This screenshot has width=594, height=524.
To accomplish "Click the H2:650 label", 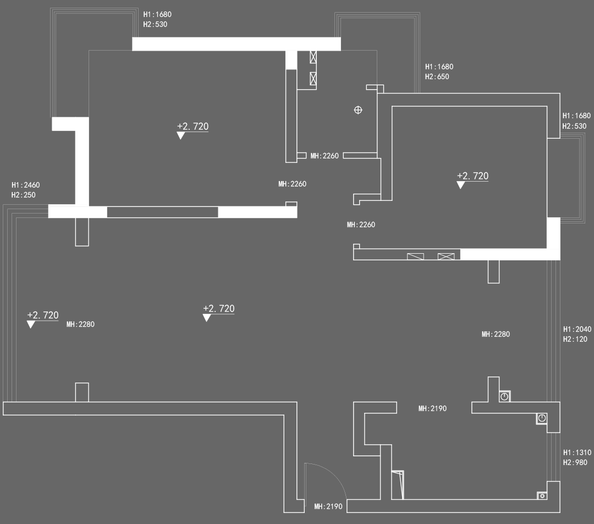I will (x=437, y=77).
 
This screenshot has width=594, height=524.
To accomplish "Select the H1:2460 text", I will (x=25, y=185).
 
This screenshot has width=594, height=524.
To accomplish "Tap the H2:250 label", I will (x=23, y=195).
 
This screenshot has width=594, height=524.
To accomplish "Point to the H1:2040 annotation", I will (x=577, y=329).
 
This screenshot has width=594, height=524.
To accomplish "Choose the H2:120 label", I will (x=575, y=339).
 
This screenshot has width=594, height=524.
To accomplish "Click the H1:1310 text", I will (x=577, y=452).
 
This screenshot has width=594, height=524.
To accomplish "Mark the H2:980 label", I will (x=575, y=462).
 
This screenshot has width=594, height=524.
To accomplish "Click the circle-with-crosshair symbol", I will (x=358, y=110).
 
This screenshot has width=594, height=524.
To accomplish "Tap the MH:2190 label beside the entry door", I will (x=328, y=506).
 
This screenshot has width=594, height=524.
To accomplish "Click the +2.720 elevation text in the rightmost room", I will (x=472, y=176).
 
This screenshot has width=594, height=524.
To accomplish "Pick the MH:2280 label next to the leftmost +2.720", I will (x=80, y=324).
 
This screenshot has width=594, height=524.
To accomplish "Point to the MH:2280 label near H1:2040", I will (x=496, y=334).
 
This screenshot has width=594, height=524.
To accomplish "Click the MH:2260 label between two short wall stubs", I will (x=324, y=156).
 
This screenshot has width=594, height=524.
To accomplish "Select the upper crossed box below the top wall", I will (x=313, y=57).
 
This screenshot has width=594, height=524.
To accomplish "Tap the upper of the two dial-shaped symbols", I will (x=504, y=396).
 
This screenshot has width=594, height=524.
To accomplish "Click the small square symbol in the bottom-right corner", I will (x=542, y=495).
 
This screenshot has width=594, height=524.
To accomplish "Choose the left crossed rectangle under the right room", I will (x=415, y=256).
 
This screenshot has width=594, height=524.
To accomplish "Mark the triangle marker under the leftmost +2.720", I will (x=31, y=325).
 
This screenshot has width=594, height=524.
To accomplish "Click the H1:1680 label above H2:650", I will (x=439, y=67).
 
